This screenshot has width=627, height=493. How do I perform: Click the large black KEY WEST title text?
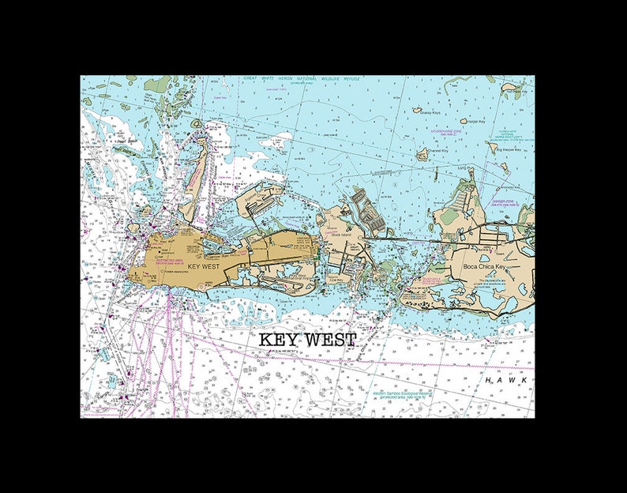point(308,339)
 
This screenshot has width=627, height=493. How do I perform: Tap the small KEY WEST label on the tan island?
point(204,267)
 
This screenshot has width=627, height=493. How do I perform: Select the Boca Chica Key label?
point(483,268)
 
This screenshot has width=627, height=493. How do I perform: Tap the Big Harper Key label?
point(508,149)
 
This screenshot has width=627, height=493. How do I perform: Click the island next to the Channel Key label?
point(422,153)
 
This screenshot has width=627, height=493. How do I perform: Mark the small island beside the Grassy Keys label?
point(416,111)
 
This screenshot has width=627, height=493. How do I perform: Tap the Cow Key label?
point(336,278)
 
